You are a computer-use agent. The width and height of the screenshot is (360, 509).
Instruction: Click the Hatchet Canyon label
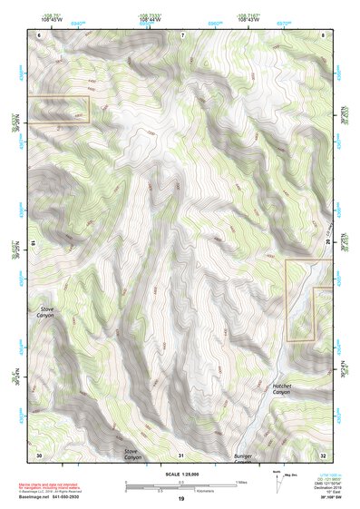coord(287,390)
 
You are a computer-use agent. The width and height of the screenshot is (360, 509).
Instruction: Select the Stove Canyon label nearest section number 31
coord(132,454)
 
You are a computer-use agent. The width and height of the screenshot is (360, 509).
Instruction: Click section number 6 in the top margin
coord(40,34)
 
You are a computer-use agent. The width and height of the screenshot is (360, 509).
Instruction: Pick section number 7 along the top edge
coord(182,34)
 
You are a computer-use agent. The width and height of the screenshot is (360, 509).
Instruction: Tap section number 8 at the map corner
coord(324,34)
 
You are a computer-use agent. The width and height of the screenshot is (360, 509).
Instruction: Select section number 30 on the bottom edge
coord(39,454)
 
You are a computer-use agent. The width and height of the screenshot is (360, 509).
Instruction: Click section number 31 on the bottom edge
coord(181,454)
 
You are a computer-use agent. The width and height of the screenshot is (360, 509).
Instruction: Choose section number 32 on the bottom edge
coord(324,454)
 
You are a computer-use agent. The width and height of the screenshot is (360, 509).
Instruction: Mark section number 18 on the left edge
coord(33,243)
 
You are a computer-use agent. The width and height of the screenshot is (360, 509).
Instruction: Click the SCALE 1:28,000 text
coord(181,474)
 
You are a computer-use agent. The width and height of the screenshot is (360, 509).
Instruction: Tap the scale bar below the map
coord(181,486)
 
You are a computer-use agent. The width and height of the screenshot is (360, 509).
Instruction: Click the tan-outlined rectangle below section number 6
coord(58,109)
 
